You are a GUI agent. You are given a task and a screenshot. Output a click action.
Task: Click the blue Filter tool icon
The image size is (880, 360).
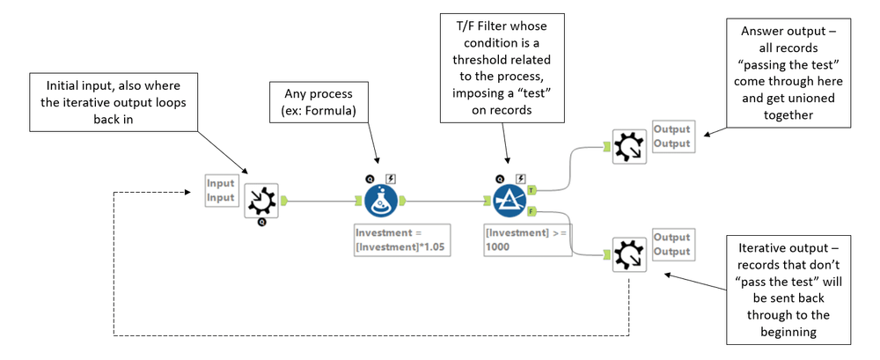(x=510, y=201)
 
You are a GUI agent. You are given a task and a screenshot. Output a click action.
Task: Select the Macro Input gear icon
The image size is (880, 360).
(x=261, y=201)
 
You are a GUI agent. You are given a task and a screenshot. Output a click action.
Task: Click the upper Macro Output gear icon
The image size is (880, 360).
(x=629, y=147)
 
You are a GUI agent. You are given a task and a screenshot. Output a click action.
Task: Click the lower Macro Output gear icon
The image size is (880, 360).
(x=629, y=254)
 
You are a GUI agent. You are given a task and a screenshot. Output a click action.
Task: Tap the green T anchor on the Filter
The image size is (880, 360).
(x=531, y=190)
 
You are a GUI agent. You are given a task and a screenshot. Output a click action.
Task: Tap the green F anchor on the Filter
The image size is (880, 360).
(x=531, y=211)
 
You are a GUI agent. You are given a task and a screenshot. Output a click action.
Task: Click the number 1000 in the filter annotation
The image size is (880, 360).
(x=499, y=246)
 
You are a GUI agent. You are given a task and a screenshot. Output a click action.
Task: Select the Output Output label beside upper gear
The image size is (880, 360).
(x=671, y=136)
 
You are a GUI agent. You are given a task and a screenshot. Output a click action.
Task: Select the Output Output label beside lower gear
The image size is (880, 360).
(x=671, y=245)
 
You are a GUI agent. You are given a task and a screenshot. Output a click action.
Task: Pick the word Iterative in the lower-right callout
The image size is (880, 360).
(x=766, y=248)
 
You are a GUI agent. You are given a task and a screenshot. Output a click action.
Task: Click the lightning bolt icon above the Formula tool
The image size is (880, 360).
(x=392, y=179)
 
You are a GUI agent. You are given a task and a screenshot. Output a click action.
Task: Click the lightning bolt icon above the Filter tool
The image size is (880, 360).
(x=520, y=179)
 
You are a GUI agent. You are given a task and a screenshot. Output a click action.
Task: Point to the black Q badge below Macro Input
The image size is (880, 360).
(x=262, y=223)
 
